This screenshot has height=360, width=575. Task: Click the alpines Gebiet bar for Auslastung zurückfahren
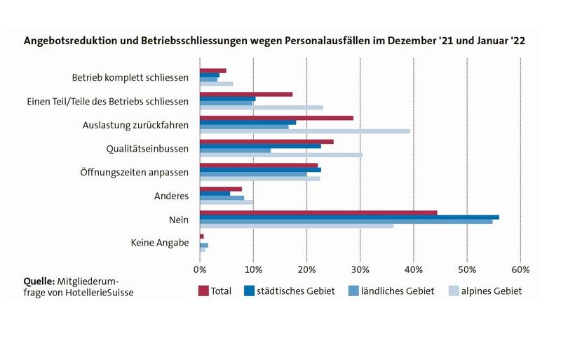[x=304, y=131]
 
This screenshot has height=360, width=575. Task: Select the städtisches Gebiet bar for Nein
[x=349, y=217]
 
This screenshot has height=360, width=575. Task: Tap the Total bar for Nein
[x=318, y=213]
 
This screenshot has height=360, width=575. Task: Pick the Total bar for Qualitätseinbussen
[x=266, y=141]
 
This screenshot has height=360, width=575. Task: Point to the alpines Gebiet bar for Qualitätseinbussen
[x=280, y=154]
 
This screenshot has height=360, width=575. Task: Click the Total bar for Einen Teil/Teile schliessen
[x=246, y=94]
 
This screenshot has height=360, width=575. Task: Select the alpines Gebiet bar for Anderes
[x=226, y=202]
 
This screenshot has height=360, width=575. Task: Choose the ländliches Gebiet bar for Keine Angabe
[x=204, y=245]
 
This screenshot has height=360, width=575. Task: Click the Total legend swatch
[x=204, y=291]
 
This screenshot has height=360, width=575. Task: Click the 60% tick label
[x=520, y=269]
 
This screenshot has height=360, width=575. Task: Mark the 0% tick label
[x=200, y=269]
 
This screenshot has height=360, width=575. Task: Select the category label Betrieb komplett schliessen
[x=130, y=77]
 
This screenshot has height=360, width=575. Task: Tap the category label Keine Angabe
[x=160, y=243]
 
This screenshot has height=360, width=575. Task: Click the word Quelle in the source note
[x=39, y=281]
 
